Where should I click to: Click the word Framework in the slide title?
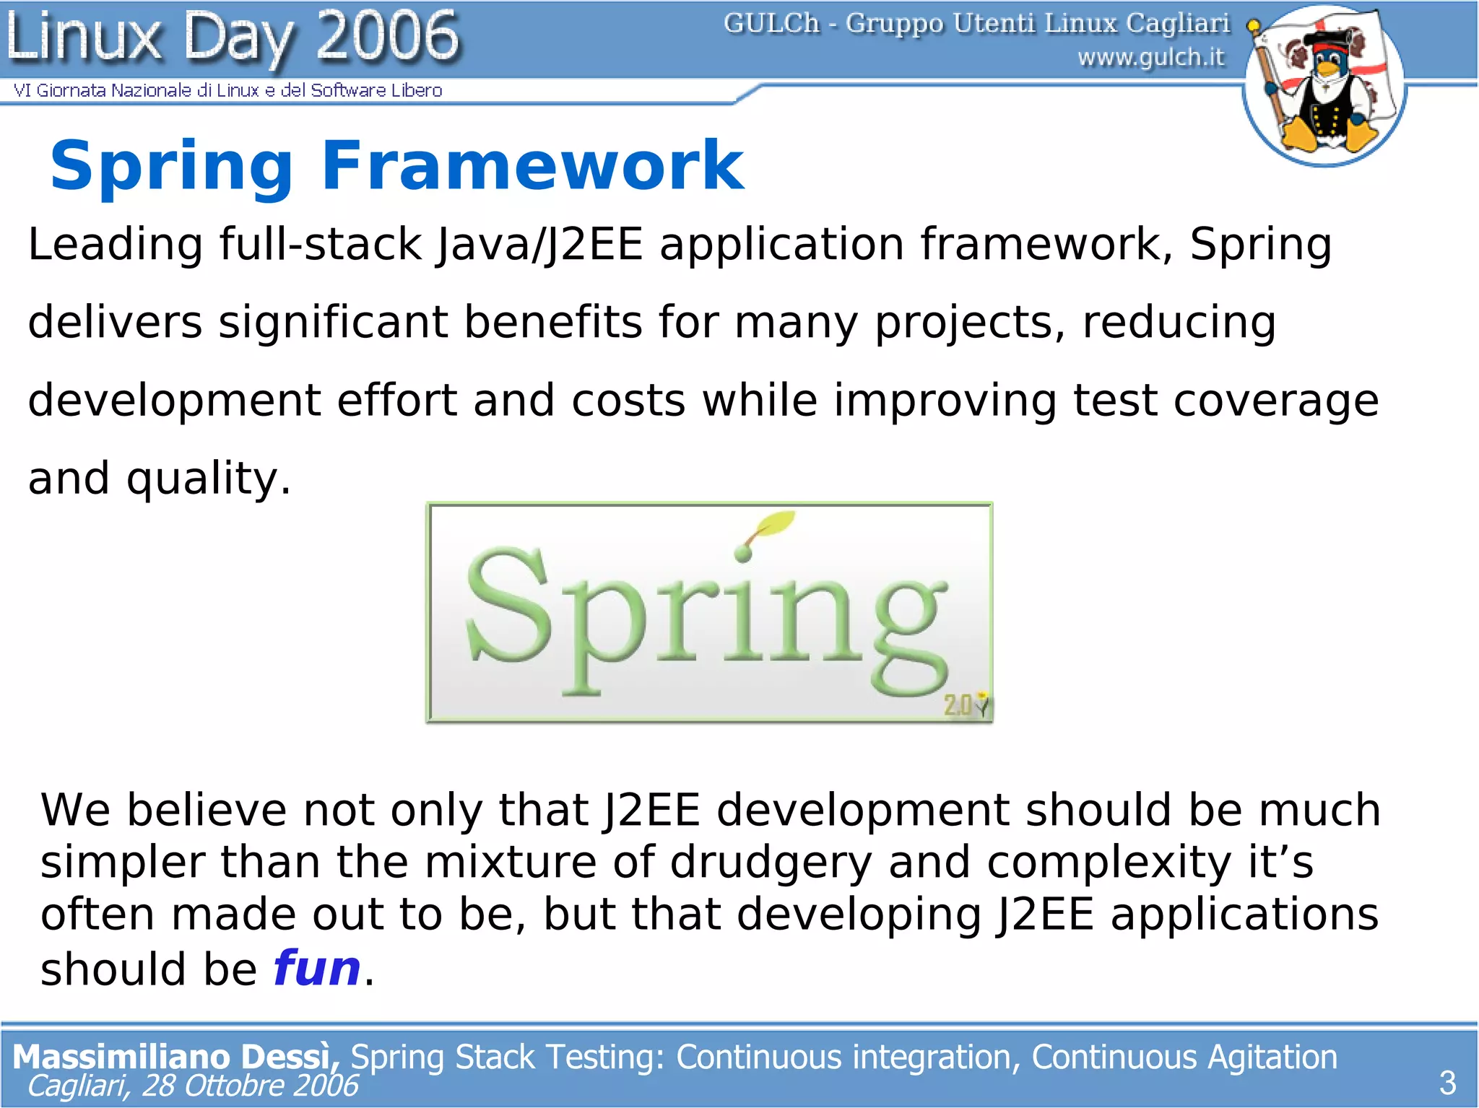532,166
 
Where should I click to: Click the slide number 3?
1447,1083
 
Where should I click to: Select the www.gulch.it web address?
1151,57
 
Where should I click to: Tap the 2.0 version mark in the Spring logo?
958,705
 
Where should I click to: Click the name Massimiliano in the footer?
121,1057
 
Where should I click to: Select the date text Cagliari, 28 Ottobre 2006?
192,1086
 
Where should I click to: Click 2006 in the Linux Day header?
387,36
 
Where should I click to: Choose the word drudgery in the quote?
771,862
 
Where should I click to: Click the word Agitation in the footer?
1272,1057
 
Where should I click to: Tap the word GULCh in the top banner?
771,24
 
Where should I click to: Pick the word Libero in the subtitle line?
417,90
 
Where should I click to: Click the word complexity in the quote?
1109,862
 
